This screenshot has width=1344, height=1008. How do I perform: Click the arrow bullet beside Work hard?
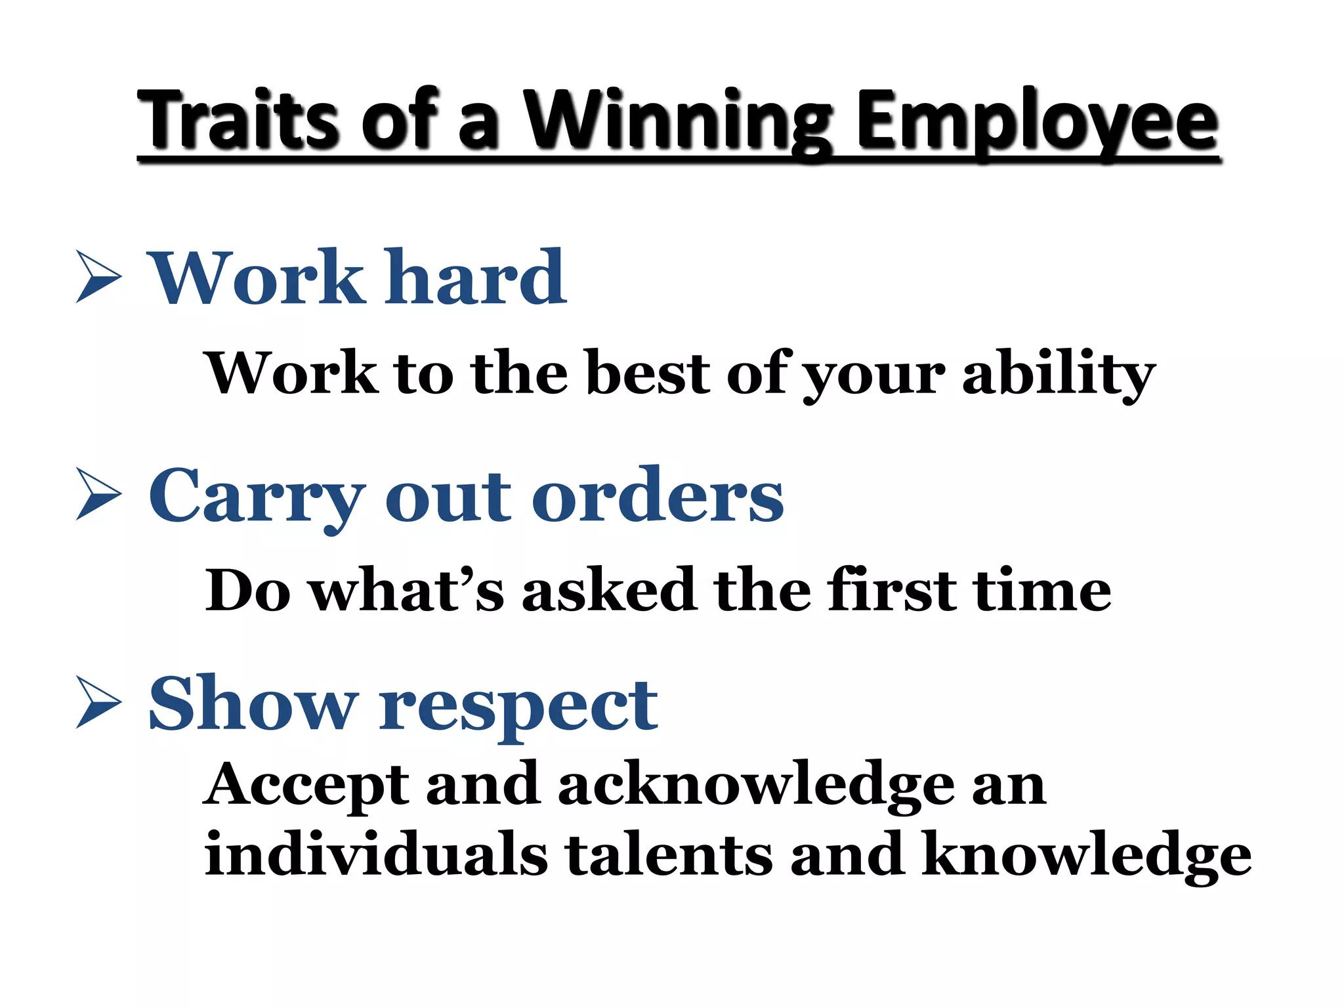[x=98, y=276]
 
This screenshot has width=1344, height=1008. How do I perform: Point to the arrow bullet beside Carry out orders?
[x=98, y=494]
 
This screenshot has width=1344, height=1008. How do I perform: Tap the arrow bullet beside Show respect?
[x=98, y=702]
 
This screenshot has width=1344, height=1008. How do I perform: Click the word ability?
[x=1058, y=374]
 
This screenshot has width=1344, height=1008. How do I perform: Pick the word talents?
[x=669, y=854]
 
